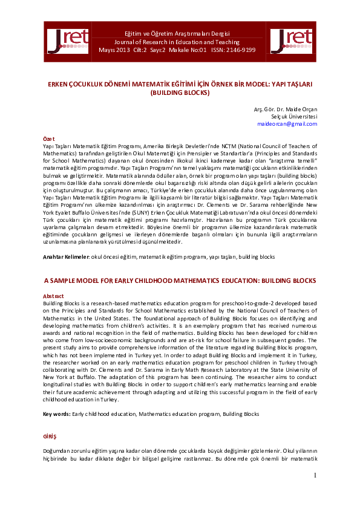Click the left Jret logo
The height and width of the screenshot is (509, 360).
click(x=67, y=41)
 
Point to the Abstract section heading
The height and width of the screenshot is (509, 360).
click(x=54, y=296)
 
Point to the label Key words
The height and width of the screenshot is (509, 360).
click(x=56, y=414)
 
